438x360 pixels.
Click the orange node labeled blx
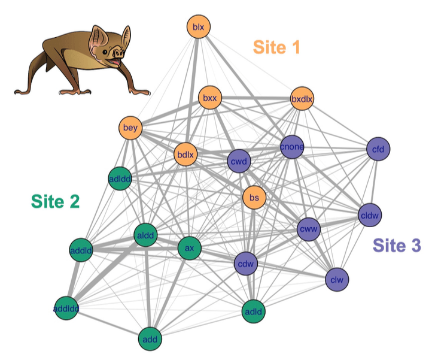pos(198,27)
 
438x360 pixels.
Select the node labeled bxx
pos(209,97)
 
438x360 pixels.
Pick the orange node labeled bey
pos(130,128)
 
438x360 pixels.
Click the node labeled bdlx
pos(185,155)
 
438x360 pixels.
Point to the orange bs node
pos(254,197)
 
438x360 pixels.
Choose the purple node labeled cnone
pos(292,147)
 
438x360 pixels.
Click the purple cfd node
pos(378,149)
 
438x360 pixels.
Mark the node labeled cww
pos(309,228)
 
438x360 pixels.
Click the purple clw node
pos(337,279)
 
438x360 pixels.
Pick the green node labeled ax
pos(189,248)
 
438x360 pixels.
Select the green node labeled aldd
pos(146,235)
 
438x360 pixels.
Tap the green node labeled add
pos(150,340)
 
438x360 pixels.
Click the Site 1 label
pos(276,47)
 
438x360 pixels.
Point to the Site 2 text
pos(55,202)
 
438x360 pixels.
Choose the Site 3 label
pos(397,245)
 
